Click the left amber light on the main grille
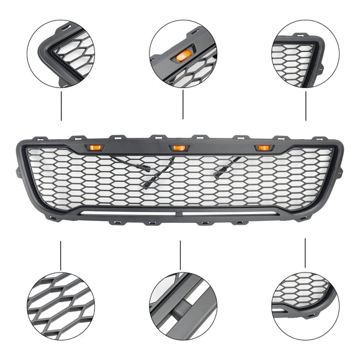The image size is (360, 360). click(96, 147)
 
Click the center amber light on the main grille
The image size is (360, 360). click(179, 148)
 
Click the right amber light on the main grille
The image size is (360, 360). click(263, 148)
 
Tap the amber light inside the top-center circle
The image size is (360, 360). click(182, 56)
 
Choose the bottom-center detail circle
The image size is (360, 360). click(183, 307)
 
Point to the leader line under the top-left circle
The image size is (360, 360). click(61, 106)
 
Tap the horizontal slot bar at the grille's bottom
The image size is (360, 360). click(180, 212)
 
